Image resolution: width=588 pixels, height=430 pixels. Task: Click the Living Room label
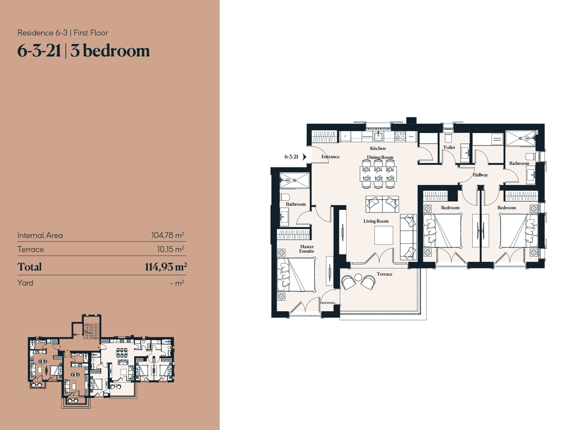pos(376,221)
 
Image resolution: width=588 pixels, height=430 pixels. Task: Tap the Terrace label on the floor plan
pos(384,274)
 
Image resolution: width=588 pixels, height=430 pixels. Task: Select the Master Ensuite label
pos(307,249)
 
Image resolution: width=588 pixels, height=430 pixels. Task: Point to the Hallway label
pos(480,175)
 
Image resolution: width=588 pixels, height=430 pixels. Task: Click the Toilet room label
pos(449,147)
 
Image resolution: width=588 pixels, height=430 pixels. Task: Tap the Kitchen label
pos(378,148)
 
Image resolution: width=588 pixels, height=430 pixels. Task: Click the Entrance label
pos(330,157)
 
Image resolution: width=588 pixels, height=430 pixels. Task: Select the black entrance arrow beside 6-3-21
pos(304,157)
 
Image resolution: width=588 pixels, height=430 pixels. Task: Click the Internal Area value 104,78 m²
pos(167,235)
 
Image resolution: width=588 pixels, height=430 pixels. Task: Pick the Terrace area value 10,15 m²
pos(170,249)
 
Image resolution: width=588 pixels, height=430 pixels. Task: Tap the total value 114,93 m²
pos(165,267)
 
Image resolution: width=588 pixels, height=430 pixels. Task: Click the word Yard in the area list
pos(25,283)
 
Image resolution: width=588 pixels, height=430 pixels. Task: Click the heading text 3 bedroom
pos(110,51)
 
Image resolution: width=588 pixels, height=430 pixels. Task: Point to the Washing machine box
pos(497,139)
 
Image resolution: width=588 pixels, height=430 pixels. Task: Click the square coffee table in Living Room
pos(383,235)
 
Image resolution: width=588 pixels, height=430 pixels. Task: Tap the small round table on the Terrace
pos(358,277)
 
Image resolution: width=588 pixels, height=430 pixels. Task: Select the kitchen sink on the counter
pos(378,137)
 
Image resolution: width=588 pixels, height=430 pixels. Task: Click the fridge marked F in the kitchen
pos(345,137)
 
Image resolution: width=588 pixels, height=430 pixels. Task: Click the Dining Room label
pos(380,157)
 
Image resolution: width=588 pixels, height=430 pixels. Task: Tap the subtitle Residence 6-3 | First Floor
pos(63,33)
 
